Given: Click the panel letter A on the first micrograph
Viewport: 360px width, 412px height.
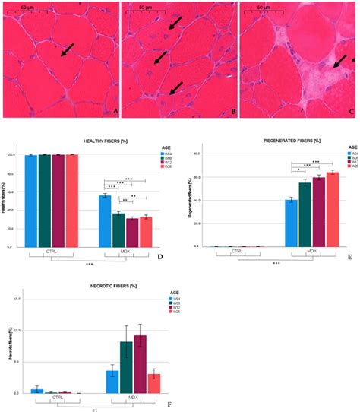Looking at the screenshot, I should tap(114, 112).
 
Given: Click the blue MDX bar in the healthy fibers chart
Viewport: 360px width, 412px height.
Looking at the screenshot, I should tap(105, 221).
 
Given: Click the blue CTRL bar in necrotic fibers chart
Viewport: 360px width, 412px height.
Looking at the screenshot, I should tap(36, 391).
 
